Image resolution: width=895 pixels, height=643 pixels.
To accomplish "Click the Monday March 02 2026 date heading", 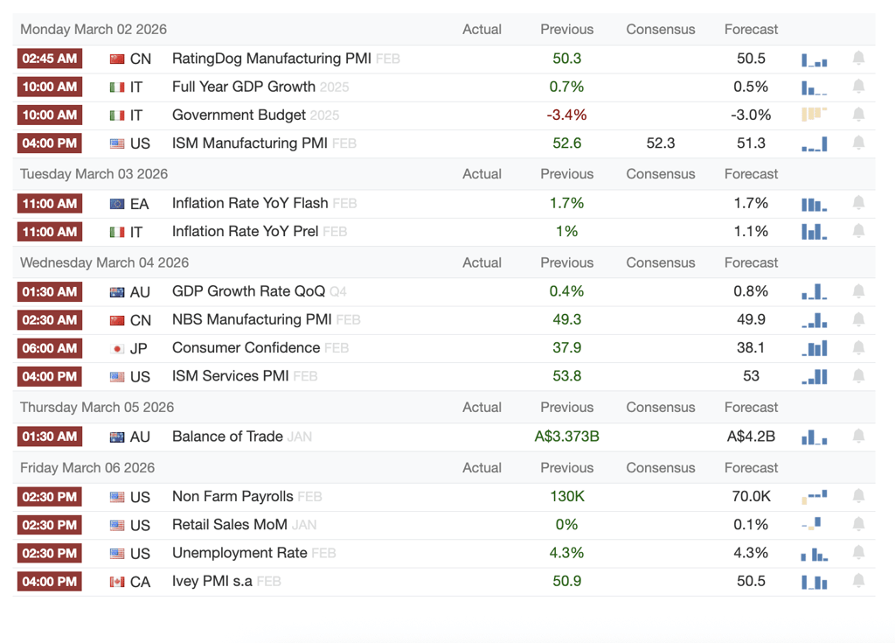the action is coord(94,29).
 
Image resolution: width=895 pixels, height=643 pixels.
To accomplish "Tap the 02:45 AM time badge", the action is coord(50,59).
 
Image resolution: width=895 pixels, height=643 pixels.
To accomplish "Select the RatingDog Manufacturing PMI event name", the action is coord(272,59).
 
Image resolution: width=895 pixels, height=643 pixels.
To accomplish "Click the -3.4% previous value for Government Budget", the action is coord(566,115).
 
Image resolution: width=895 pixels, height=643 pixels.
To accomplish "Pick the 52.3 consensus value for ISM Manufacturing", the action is coord(661,143).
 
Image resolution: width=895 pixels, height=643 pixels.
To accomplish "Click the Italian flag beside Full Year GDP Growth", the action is coord(117,87).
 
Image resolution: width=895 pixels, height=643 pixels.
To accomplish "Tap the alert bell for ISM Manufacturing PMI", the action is coord(858,143).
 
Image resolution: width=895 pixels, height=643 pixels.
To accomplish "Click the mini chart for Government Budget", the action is coord(815,115).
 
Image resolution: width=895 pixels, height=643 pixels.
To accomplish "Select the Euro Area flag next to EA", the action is coord(117,204).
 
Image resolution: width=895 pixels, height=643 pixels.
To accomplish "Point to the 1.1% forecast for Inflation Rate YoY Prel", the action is coord(751,232).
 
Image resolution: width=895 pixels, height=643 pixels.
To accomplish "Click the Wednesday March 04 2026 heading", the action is coord(105,262).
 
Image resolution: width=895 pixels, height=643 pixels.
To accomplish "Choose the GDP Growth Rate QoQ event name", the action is coord(249,291).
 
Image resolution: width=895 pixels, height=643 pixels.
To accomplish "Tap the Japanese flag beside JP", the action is coord(117,349).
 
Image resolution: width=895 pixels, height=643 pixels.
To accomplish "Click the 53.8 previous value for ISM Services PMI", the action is coord(566,375).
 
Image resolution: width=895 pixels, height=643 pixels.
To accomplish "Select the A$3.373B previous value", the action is coord(566,437).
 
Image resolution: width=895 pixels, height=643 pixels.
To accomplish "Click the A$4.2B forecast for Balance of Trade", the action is coord(751,437).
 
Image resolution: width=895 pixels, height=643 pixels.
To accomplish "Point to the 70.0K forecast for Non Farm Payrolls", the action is coord(751,496).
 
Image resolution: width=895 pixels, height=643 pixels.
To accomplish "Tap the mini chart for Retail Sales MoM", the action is coord(812,523).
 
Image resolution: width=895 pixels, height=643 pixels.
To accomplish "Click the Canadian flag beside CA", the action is coord(117,582).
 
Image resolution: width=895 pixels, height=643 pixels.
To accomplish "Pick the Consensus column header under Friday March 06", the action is coord(661,467).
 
